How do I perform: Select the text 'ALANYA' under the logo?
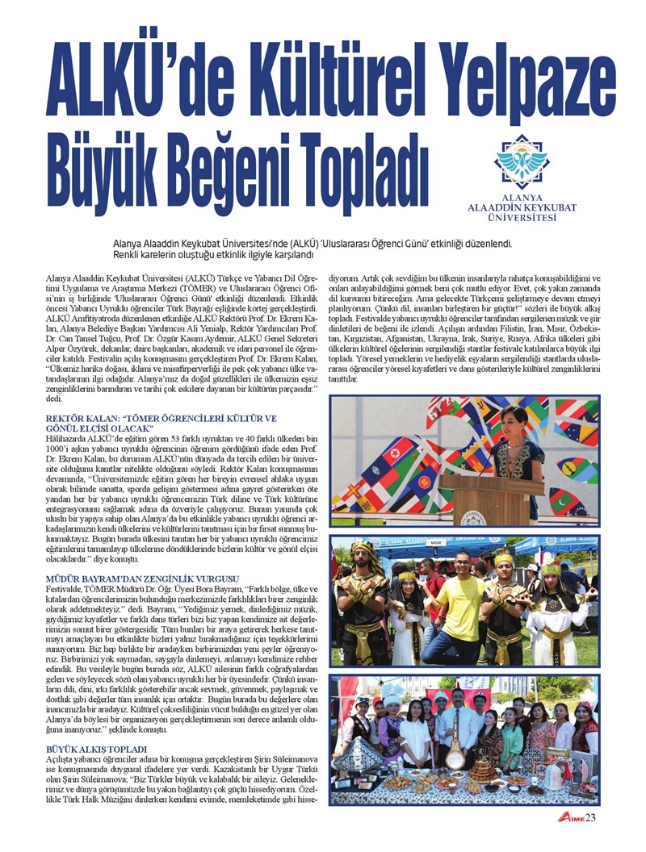click(x=522, y=197)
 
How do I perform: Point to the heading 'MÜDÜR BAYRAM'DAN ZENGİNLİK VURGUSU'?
click(x=142, y=578)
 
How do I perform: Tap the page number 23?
click(x=590, y=820)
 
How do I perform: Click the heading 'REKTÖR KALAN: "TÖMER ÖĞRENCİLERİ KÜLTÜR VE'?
click(x=161, y=419)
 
